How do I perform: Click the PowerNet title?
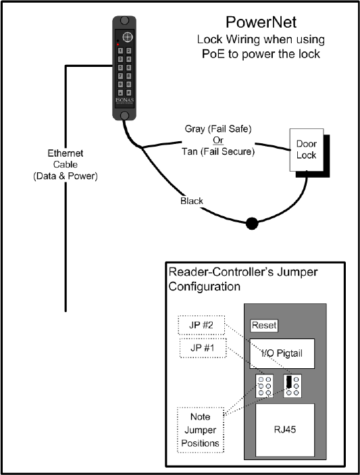pyautogui.click(x=261, y=22)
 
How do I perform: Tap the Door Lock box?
pyautogui.click(x=307, y=149)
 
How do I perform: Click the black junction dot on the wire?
pyautogui.click(x=252, y=224)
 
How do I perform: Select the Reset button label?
pyautogui.click(x=264, y=326)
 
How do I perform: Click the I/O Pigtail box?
pyautogui.click(x=282, y=353)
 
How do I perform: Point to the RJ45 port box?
pyautogui.click(x=285, y=430)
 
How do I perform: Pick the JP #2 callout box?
pyautogui.click(x=201, y=325)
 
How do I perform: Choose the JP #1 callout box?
pyautogui.click(x=203, y=348)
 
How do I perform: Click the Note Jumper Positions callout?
pyautogui.click(x=201, y=430)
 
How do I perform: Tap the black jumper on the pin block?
pyautogui.click(x=289, y=382)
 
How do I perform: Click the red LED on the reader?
pyautogui.click(x=118, y=45)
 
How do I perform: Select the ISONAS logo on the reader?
pyautogui.click(x=124, y=100)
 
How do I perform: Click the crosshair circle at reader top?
pyautogui.click(x=128, y=37)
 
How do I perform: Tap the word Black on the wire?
pyautogui.click(x=192, y=201)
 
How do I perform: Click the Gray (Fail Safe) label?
pyautogui.click(x=218, y=129)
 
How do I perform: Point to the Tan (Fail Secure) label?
pyautogui.click(x=218, y=151)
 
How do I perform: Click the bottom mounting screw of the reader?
pyautogui.click(x=124, y=116)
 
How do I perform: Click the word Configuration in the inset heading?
pyautogui.click(x=205, y=286)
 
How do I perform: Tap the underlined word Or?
pyautogui.click(x=218, y=141)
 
